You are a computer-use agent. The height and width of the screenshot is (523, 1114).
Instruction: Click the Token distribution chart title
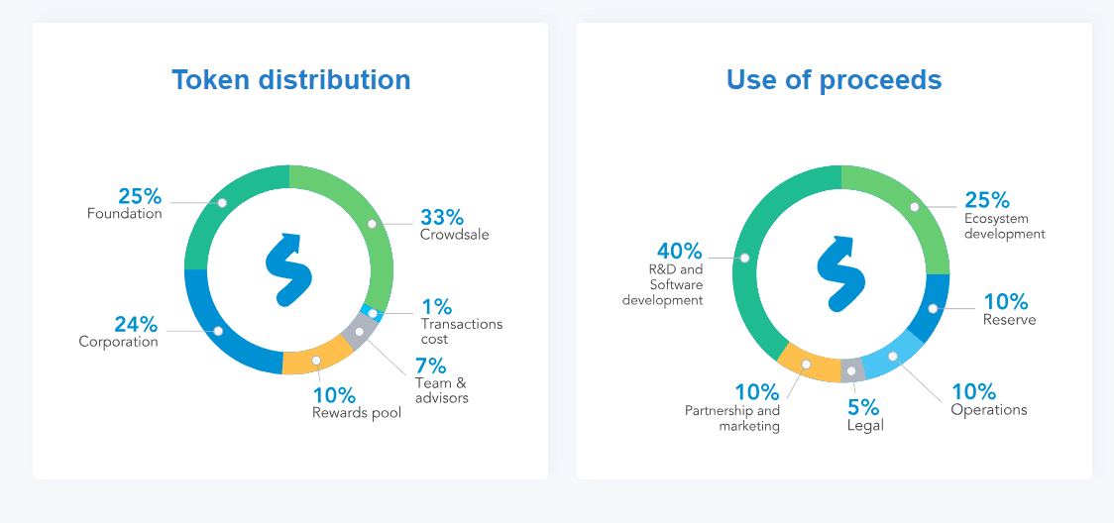tap(290, 79)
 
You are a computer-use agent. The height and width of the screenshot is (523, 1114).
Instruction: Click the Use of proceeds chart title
tap(834, 79)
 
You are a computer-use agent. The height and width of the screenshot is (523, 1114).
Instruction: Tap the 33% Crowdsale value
tap(441, 217)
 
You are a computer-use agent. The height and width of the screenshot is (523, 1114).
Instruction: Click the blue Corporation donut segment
tap(219, 331)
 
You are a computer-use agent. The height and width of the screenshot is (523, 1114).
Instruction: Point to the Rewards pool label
tap(357, 413)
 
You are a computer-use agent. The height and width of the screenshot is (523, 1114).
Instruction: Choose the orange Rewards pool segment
tap(316, 361)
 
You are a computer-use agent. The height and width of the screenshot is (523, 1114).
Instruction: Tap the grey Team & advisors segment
tap(359, 332)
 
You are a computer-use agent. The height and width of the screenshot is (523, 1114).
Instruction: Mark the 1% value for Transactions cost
tap(436, 305)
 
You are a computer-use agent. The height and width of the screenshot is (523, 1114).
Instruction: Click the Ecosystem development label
tap(1004, 226)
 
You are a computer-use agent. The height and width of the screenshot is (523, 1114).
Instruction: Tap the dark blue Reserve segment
tap(933, 308)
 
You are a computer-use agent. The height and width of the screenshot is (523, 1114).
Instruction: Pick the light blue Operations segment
tap(892, 356)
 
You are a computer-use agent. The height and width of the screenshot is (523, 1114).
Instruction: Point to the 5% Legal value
tap(862, 407)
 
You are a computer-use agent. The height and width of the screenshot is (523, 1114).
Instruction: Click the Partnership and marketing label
tap(732, 418)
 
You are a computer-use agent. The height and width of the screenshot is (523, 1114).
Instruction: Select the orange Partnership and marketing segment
tap(806, 364)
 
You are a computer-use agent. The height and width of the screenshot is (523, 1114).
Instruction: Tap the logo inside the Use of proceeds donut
tap(838, 269)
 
